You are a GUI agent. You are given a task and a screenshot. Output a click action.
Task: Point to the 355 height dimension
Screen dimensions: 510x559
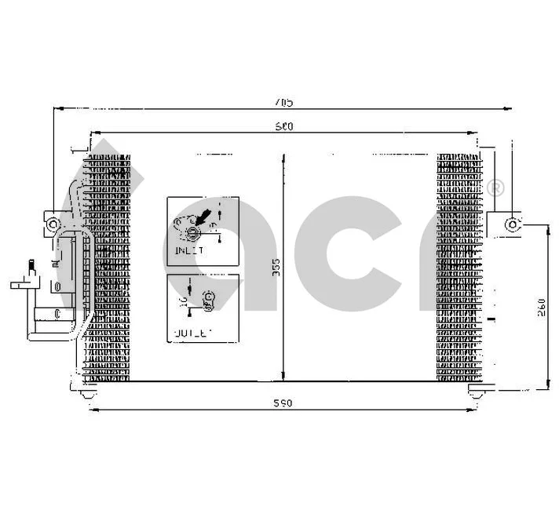click(276, 269)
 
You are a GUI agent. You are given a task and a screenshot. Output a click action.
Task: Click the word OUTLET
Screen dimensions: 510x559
click(191, 333)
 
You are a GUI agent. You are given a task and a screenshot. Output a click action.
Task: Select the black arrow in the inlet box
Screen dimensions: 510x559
click(203, 214)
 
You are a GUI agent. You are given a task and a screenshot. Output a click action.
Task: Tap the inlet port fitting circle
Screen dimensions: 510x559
click(193, 229)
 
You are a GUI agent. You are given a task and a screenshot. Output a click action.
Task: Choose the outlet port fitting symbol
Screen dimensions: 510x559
click(209, 298)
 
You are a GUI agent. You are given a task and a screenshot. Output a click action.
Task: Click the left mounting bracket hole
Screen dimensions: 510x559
click(53, 224)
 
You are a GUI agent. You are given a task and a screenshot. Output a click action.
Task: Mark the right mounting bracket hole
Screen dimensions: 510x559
click(512, 224)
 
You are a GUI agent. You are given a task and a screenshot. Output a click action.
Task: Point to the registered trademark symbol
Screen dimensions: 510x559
click(495, 188)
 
